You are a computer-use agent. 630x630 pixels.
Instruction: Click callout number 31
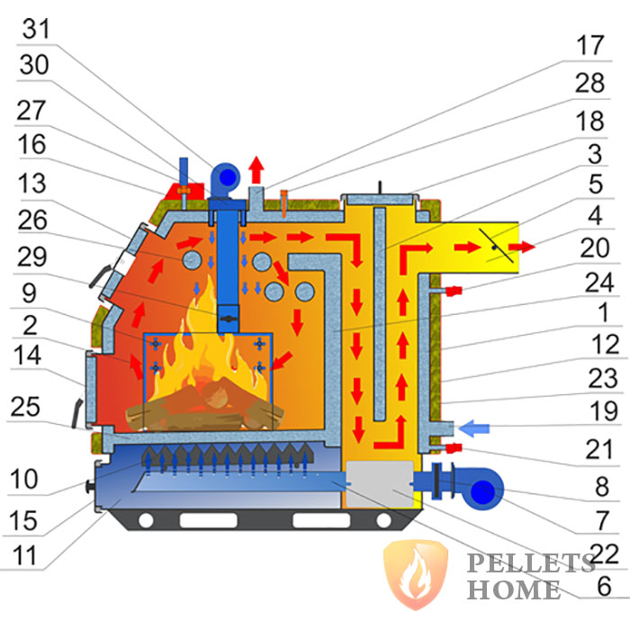click(x=38, y=29)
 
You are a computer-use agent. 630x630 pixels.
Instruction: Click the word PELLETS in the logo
click(x=530, y=564)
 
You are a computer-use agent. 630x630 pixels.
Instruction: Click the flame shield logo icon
click(x=412, y=574)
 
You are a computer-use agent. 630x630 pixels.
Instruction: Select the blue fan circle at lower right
click(x=483, y=491)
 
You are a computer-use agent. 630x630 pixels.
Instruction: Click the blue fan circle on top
click(x=225, y=174)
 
